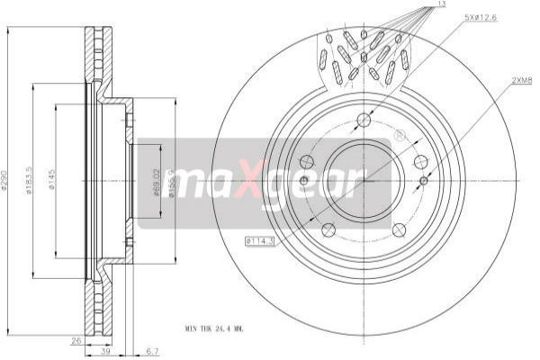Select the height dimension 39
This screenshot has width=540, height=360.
106,352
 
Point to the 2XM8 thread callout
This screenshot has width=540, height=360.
522,80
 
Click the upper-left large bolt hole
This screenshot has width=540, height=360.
307,162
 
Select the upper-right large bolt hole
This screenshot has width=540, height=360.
420,162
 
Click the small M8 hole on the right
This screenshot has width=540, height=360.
424,181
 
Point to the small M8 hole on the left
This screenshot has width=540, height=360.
303,181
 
